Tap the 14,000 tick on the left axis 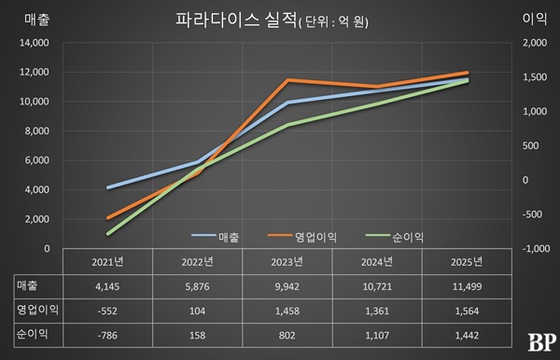tap(34, 43)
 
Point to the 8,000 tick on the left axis tap(36, 132)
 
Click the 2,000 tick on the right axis tap(536, 43)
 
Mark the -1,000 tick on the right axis tap(536, 249)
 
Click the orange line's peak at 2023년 tap(290, 80)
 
